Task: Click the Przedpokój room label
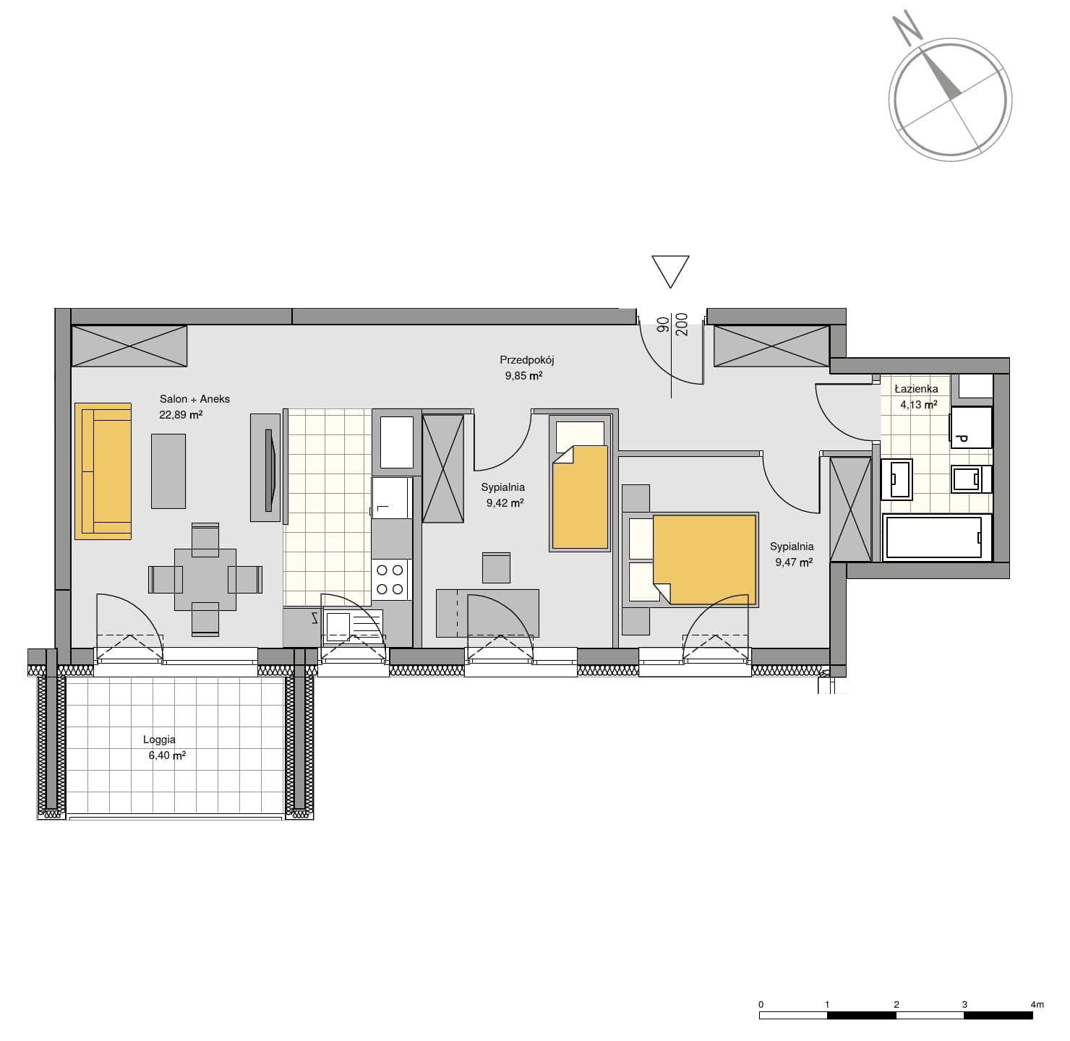coord(527,360)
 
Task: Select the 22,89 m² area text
coord(181,415)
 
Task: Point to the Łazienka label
coord(916,389)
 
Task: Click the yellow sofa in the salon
coord(103,471)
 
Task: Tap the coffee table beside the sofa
coord(168,471)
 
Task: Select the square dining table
coord(205,580)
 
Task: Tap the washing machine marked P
coord(971,427)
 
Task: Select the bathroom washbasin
coord(897,479)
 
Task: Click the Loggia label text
coord(160,740)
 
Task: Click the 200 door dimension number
coord(682,325)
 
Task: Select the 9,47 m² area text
coord(794,562)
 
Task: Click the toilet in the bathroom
coord(971,479)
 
